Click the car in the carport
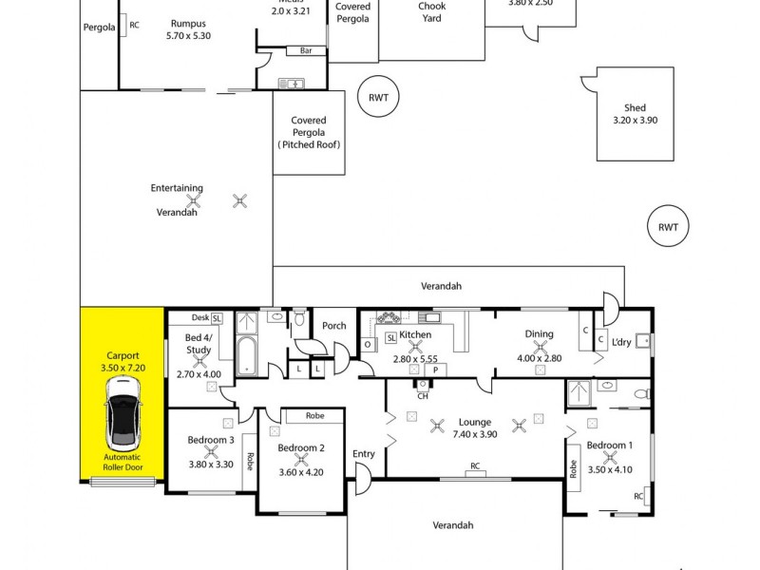coord(123,413)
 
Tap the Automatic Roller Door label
coord(123,463)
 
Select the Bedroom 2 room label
coord(301,448)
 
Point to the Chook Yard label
coord(431,11)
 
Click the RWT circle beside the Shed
coord(667,227)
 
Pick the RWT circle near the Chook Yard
coord(379,97)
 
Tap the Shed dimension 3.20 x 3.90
coord(635,121)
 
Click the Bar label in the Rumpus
coord(306,50)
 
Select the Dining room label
coord(539,333)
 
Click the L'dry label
coord(621,342)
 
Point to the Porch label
coord(334,326)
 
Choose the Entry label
coord(363,454)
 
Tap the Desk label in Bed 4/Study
coord(199,317)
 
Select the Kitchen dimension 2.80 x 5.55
coord(415,360)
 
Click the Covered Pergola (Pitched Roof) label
coord(308,132)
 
